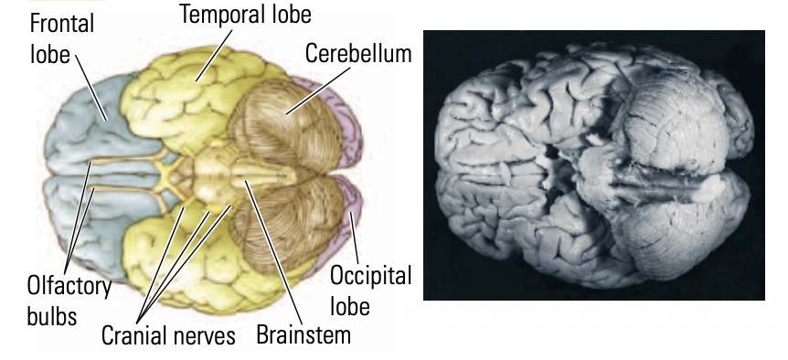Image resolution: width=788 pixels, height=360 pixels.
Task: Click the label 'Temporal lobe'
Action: [x=245, y=16]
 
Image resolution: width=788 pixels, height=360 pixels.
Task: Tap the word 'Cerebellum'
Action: [x=358, y=52]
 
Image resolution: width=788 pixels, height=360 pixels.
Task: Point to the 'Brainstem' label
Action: [x=303, y=334]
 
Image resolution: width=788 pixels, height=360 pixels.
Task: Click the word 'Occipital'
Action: [x=370, y=276]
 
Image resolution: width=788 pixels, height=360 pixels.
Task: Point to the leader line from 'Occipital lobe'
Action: [x=351, y=228]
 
